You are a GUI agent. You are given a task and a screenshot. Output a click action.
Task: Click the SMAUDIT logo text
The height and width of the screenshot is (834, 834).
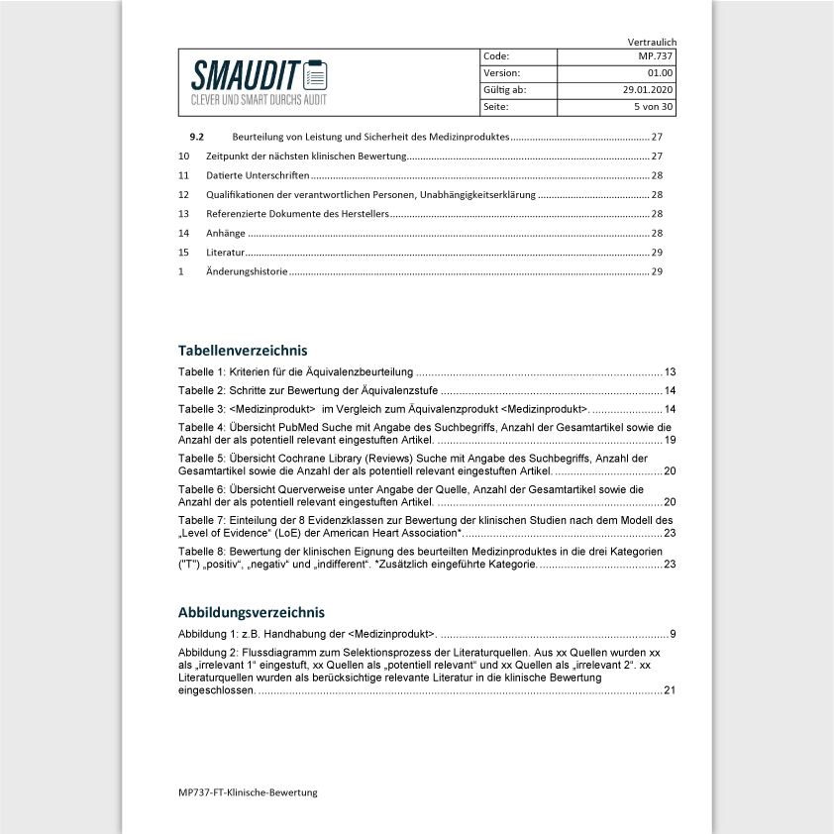[x=246, y=75]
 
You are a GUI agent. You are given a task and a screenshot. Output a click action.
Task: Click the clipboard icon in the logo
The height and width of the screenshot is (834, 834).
[x=315, y=74]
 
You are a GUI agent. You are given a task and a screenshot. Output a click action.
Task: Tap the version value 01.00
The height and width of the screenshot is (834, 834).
[x=660, y=73]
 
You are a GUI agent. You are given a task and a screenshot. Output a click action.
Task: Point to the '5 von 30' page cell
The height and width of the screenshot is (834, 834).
[x=653, y=107]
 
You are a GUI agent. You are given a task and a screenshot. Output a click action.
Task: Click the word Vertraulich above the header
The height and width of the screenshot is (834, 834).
[x=652, y=42]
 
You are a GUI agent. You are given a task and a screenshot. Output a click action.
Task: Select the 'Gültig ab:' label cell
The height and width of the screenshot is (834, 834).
[x=504, y=90]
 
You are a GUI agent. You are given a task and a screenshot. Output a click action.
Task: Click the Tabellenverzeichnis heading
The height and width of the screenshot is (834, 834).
[x=243, y=351]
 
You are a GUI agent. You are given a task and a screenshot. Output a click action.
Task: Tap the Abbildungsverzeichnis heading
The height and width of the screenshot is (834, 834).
[x=252, y=612]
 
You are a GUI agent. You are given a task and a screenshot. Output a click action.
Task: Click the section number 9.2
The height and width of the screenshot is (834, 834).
[x=196, y=137]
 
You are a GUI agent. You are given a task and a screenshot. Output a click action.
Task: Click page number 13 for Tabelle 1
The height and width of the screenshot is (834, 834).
[x=670, y=371]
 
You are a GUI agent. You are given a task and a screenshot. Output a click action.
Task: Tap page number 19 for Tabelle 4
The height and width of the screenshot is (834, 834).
[x=670, y=440]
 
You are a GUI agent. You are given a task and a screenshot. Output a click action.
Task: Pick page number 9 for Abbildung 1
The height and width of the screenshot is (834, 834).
[x=673, y=633]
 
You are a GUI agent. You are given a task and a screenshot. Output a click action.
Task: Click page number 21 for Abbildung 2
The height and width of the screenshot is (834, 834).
[x=670, y=690]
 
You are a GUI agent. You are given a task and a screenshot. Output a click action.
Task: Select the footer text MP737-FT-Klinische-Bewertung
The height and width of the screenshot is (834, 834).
[x=248, y=792]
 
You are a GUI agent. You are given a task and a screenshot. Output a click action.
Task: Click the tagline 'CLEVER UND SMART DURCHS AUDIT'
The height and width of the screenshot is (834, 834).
[x=260, y=100]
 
